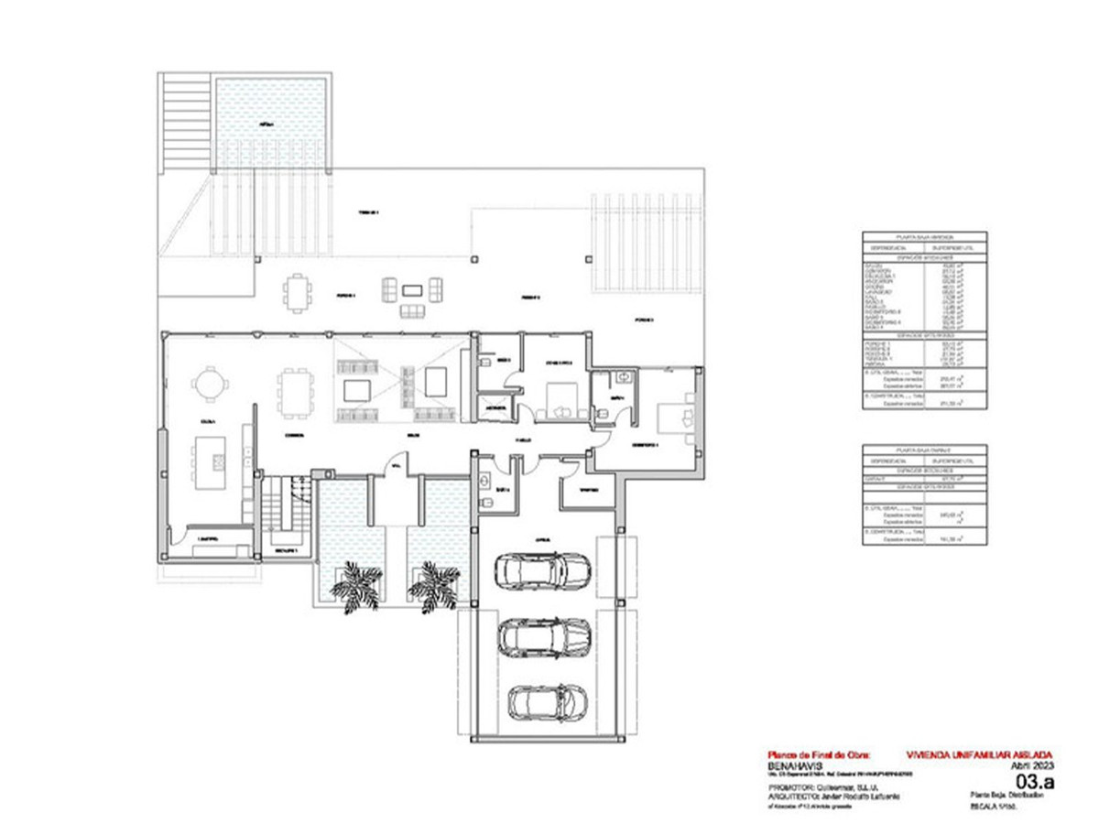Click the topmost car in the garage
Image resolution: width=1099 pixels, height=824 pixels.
[x=542, y=571]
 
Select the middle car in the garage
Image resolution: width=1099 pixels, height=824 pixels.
[x=544, y=636]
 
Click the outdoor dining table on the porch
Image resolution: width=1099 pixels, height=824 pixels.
[x=298, y=293]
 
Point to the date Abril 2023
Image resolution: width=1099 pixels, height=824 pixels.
[x=1033, y=765]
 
